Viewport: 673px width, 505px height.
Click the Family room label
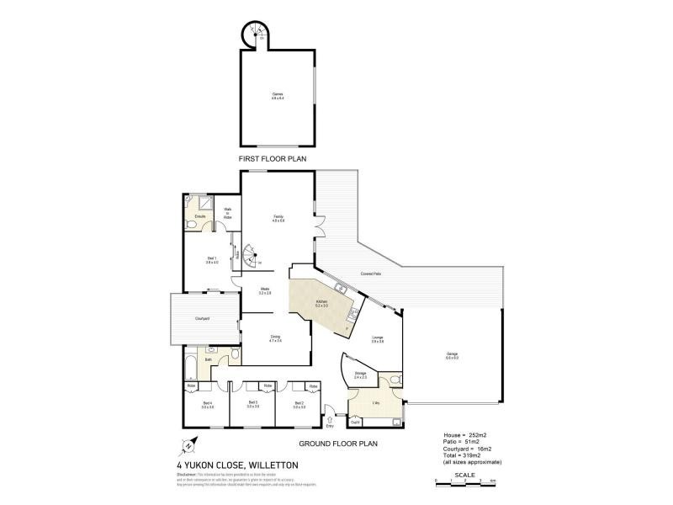278,219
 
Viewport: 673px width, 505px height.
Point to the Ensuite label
201,217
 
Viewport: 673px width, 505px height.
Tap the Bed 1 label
212,261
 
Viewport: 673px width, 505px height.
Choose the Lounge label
379,339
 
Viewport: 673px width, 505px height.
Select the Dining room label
275,338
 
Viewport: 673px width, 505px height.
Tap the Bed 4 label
207,406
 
